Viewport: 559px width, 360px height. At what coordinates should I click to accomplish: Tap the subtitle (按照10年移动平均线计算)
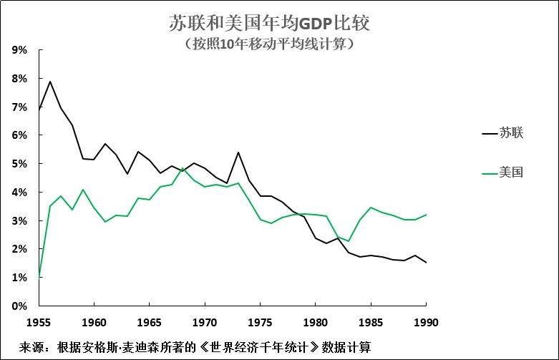pyautogui.click(x=270, y=44)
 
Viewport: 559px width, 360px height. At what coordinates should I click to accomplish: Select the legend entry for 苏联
pyautogui.click(x=512, y=132)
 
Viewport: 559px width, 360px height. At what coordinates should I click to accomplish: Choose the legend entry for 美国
pyautogui.click(x=512, y=172)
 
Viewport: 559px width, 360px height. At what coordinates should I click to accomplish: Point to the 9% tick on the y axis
pyautogui.click(x=19, y=50)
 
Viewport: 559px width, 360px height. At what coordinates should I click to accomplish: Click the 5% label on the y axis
pyautogui.click(x=19, y=164)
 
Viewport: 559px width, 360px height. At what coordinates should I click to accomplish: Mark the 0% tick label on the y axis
pyautogui.click(x=19, y=306)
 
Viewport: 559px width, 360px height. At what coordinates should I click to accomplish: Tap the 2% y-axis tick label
pyautogui.click(x=19, y=249)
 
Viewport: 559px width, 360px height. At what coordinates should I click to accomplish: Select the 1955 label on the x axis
pyautogui.click(x=39, y=322)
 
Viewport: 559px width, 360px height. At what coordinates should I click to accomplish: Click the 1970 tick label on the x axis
pyautogui.click(x=205, y=322)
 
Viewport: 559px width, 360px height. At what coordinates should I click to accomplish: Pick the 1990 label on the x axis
pyautogui.click(x=426, y=322)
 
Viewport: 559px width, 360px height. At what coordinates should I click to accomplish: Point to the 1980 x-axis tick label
pyautogui.click(x=316, y=322)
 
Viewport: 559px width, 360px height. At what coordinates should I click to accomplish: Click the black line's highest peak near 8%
pyautogui.click(x=50, y=81)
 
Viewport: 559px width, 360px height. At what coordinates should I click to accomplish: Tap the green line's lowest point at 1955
pyautogui.click(x=39, y=277)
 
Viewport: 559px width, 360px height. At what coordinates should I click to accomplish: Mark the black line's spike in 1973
pyautogui.click(x=238, y=152)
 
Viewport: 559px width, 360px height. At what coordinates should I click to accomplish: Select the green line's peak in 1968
pyautogui.click(x=183, y=168)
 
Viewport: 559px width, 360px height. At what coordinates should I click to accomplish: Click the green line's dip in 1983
pyautogui.click(x=348, y=240)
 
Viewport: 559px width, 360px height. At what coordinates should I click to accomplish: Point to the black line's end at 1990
pyautogui.click(x=426, y=263)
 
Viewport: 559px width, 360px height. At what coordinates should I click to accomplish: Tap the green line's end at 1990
pyautogui.click(x=426, y=215)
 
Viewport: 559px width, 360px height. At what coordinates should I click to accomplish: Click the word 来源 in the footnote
pyautogui.click(x=31, y=347)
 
